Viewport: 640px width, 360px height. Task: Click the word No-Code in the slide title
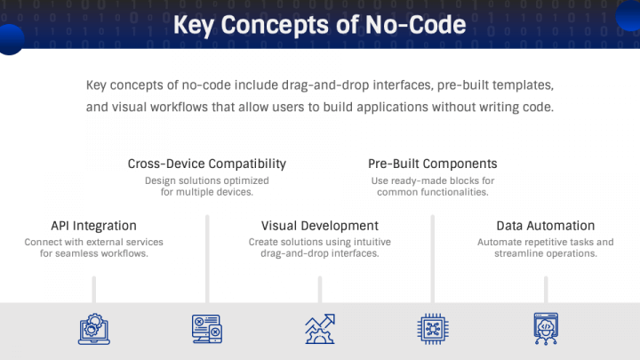coord(414,24)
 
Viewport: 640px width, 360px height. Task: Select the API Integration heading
coord(93,226)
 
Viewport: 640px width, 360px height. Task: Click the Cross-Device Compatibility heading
coord(207,164)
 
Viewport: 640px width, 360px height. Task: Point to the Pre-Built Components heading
coord(432,164)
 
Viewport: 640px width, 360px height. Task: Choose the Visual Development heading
coord(319,226)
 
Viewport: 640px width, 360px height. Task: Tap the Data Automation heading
coord(545,226)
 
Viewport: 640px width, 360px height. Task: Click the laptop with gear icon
coord(93,329)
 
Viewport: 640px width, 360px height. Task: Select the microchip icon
coord(432,329)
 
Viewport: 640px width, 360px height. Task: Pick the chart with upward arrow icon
coord(319,329)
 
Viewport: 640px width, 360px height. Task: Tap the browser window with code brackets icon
coord(545,329)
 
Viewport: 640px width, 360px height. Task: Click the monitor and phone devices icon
coord(207,329)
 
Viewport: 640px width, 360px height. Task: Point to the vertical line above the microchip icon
coord(432,258)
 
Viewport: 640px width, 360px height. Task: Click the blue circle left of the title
coord(9,38)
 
